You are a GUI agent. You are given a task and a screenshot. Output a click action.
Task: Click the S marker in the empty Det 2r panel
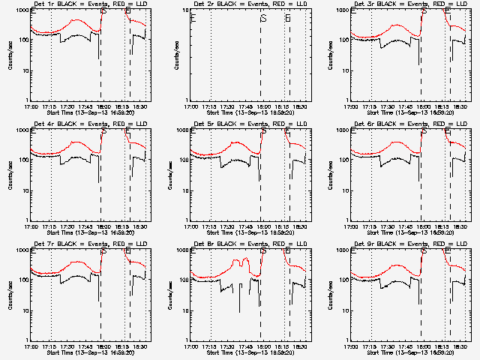pyautogui.click(x=262, y=18)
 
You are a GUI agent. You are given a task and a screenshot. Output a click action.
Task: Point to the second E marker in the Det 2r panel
pyautogui.click(x=288, y=18)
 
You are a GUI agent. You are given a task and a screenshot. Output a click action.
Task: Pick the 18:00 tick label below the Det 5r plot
pyautogui.click(x=262, y=225)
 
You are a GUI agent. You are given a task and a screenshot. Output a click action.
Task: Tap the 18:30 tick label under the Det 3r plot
pyautogui.click(x=464, y=105)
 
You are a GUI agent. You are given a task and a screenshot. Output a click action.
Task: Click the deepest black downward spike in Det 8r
pyautogui.click(x=240, y=311)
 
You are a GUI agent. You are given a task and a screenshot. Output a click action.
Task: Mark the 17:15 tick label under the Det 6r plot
pyautogui.click(x=370, y=225)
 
